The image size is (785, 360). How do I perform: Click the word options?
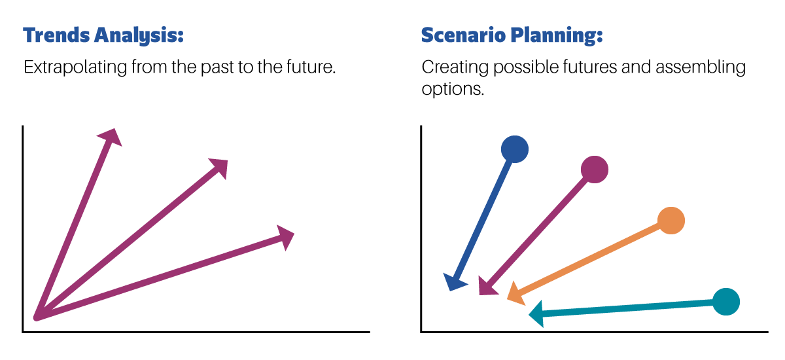tap(453, 89)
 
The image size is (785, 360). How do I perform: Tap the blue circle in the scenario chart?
tap(514, 149)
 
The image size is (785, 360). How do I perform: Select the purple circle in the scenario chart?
tap(595, 170)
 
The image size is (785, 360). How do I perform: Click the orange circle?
tap(671, 221)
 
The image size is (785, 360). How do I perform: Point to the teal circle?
tap(725, 302)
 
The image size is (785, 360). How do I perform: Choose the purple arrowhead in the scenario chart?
tap(486, 287)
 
